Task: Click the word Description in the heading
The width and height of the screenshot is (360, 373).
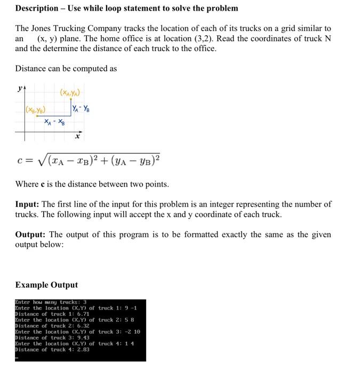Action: point(37,8)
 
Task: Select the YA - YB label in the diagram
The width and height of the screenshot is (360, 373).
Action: point(81,109)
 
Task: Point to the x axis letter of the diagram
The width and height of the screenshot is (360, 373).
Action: point(77,136)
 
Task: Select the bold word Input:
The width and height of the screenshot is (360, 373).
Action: point(27,204)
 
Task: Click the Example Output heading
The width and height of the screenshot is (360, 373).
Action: point(46,285)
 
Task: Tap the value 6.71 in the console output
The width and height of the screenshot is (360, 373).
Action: point(82,314)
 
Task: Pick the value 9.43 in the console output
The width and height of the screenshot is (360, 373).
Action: point(82,337)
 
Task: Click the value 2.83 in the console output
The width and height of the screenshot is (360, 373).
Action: point(82,349)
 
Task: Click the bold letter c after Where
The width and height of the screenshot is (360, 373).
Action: point(43,184)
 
